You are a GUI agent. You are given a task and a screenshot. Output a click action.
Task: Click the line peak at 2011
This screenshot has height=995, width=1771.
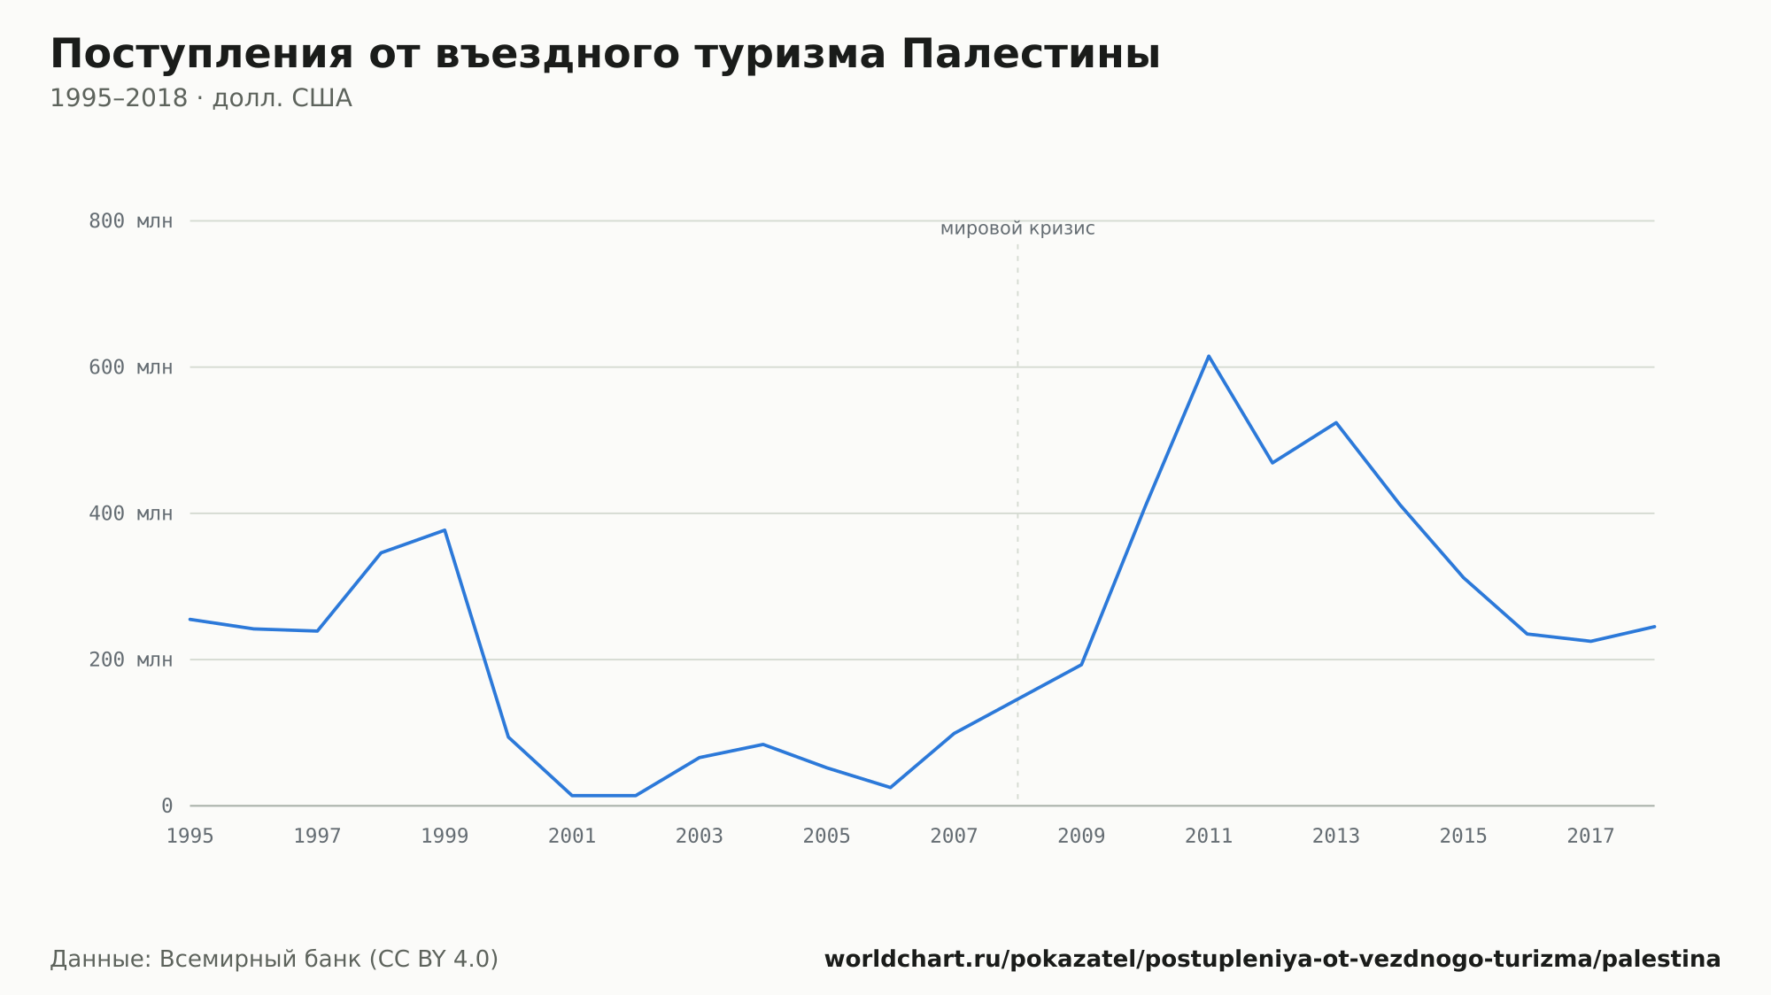pyautogui.click(x=1209, y=356)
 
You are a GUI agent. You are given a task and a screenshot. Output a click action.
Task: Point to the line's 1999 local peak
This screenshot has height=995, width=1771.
pyautogui.click(x=445, y=530)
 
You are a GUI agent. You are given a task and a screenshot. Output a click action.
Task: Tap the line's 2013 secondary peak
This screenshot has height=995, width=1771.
pyautogui.click(x=1336, y=422)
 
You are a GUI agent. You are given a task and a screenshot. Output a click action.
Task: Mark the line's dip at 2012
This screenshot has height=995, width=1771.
pyautogui.click(x=1272, y=463)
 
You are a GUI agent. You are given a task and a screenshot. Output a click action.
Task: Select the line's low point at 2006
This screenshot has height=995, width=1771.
pyautogui.click(x=890, y=787)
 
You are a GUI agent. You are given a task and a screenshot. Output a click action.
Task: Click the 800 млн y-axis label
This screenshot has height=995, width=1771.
pyautogui.click(x=130, y=221)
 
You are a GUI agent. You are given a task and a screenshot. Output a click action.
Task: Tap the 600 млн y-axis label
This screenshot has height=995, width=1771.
pyautogui.click(x=130, y=367)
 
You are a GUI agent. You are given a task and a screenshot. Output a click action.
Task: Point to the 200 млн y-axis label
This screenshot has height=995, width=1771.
pyautogui.click(x=130, y=659)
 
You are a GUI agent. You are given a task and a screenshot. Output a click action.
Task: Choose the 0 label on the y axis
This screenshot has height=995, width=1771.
pyautogui.click(x=166, y=806)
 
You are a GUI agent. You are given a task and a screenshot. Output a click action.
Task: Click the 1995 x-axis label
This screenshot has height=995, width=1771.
pyautogui.click(x=190, y=837)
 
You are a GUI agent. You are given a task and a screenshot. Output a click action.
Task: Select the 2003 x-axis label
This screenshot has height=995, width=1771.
pyautogui.click(x=700, y=837)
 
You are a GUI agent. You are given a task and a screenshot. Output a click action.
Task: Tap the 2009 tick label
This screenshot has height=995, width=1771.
pyautogui.click(x=1081, y=837)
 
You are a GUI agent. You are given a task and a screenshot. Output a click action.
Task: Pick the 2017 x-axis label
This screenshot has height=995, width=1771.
pyautogui.click(x=1590, y=837)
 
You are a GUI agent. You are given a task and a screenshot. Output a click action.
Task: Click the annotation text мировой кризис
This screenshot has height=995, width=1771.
pyautogui.click(x=1017, y=229)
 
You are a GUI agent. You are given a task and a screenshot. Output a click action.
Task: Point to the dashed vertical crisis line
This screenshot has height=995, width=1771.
pyautogui.click(x=1017, y=522)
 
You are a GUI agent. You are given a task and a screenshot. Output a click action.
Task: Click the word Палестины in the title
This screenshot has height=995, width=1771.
pyautogui.click(x=1031, y=55)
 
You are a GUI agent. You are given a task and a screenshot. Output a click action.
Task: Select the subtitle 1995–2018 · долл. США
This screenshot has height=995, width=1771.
pyautogui.click(x=201, y=98)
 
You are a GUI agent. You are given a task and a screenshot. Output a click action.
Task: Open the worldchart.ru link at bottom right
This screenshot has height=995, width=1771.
pyautogui.click(x=1272, y=960)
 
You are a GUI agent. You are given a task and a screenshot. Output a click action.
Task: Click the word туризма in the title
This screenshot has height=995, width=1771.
pyautogui.click(x=791, y=55)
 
